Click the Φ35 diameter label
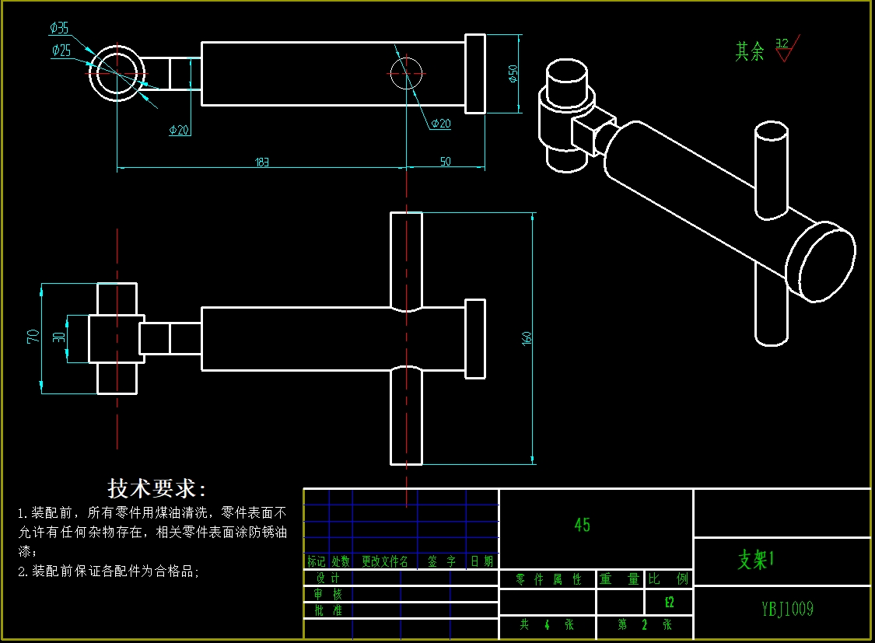pyautogui.click(x=59, y=29)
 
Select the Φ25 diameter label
pyautogui.click(x=61, y=51)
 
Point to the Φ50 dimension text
pyautogui.click(x=513, y=73)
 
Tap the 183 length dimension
pyautogui.click(x=263, y=162)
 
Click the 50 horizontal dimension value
pyautogui.click(x=446, y=162)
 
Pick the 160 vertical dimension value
pyautogui.click(x=527, y=338)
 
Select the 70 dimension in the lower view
pyautogui.click(x=33, y=337)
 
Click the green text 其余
pyautogui.click(x=750, y=52)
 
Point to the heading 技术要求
pyautogui.click(x=157, y=489)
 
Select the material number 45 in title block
pyautogui.click(x=582, y=525)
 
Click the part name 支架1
pyautogui.click(x=757, y=560)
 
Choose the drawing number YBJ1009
pyautogui.click(x=787, y=609)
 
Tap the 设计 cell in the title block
pyautogui.click(x=327, y=578)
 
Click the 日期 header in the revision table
pyautogui.click(x=481, y=561)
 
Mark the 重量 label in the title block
pyautogui.click(x=619, y=579)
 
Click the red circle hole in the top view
pyautogui.click(x=406, y=73)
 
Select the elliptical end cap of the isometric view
pyautogui.click(x=821, y=260)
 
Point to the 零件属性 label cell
pyautogui.click(x=548, y=579)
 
